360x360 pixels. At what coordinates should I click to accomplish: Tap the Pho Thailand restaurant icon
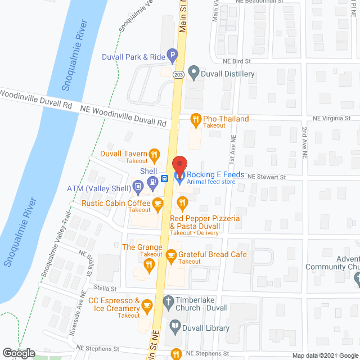(x=195, y=119)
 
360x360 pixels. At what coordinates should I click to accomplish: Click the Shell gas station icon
(x=151, y=181)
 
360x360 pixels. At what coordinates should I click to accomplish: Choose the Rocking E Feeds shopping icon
(x=179, y=179)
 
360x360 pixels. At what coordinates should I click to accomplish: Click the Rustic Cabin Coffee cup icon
(x=158, y=202)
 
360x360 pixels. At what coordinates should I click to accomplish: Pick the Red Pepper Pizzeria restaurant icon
(x=182, y=202)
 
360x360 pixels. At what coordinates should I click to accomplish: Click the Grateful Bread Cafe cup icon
(x=172, y=254)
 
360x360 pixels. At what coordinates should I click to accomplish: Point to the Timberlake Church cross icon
(x=168, y=301)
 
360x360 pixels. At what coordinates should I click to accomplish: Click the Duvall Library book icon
(x=175, y=326)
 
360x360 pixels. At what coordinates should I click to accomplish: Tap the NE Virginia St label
(x=331, y=119)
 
